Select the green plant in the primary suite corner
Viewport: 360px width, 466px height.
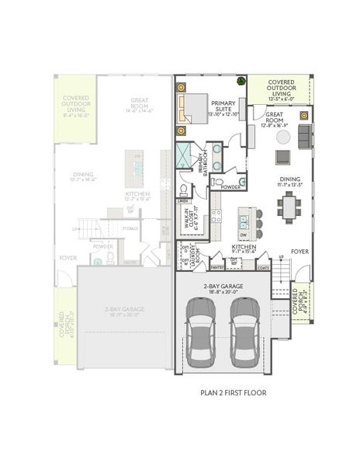coord(241,80)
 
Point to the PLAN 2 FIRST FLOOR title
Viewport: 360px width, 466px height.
coord(233,393)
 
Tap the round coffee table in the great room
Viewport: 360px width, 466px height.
coord(284,137)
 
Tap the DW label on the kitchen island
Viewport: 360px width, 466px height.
coord(244,235)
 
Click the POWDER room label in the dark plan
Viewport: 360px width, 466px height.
coord(230,187)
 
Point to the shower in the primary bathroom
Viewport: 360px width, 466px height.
coord(184,153)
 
